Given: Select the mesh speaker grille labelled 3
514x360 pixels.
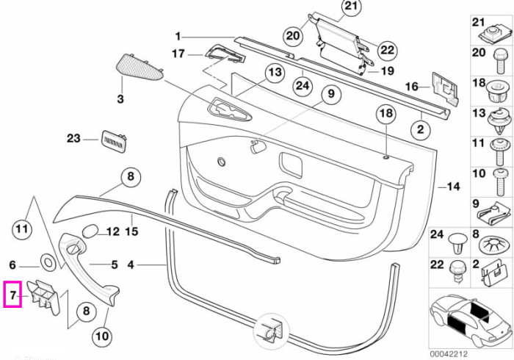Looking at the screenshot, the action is click(140, 68).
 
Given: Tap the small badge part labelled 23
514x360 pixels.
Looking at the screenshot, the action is click(114, 140).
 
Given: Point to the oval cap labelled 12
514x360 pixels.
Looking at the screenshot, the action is click(90, 231).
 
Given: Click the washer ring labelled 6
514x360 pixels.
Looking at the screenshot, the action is click(48, 262).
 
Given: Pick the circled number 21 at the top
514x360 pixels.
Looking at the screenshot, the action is click(351, 7).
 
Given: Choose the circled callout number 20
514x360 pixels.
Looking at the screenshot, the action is click(293, 35).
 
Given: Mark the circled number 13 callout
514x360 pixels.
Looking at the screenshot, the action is click(275, 72).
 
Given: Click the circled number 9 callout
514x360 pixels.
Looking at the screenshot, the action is click(331, 94).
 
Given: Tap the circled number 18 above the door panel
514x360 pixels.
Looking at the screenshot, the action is click(386, 113).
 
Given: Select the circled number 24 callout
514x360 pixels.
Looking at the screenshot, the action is click(303, 86).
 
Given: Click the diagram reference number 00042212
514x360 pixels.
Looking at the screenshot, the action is click(449, 354).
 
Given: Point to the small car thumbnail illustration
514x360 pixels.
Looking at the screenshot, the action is click(471, 318).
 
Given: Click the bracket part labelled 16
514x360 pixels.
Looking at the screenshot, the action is click(445, 88).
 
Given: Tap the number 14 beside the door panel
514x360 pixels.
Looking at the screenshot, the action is click(453, 187).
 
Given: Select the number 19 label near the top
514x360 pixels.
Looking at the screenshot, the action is click(388, 71).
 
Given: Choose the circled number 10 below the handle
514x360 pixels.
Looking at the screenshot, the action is click(102, 336).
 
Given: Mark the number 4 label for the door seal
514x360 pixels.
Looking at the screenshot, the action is click(131, 264).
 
